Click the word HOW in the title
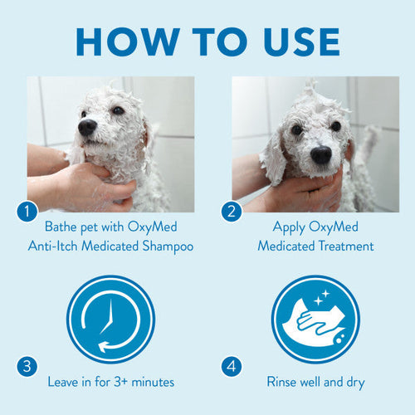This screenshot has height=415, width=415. click(x=125, y=41)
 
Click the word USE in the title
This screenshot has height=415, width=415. click(x=291, y=41)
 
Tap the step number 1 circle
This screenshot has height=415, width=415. click(x=27, y=212)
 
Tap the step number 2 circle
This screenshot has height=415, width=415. click(x=232, y=212)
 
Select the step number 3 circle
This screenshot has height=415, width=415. click(x=27, y=366)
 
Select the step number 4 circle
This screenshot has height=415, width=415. click(x=232, y=366)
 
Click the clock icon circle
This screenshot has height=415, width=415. click(x=110, y=319)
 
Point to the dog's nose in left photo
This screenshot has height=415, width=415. click(x=87, y=127)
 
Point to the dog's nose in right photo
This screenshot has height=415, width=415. click(x=321, y=154)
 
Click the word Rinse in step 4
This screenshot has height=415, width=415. click(x=285, y=383)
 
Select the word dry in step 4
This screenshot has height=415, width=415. click(x=354, y=383)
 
